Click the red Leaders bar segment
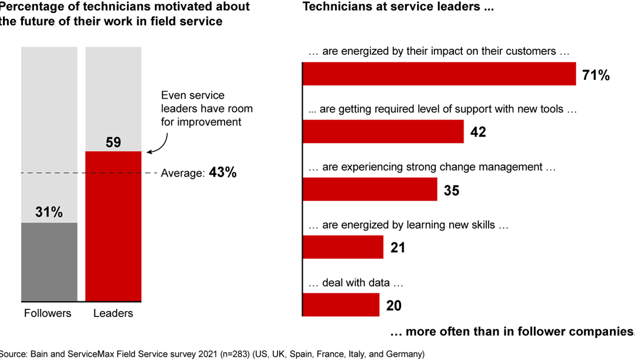[x=113, y=226]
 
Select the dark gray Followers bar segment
[x=49, y=261]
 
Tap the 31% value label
[x=49, y=212]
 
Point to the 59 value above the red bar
[x=113, y=142]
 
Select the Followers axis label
[x=48, y=313]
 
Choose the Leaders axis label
[x=113, y=313]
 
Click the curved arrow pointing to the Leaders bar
[x=157, y=144]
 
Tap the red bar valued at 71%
[x=439, y=74]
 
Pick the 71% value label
[x=596, y=75]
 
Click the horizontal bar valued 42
[x=383, y=132]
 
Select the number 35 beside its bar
[x=452, y=190]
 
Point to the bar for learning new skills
[x=343, y=247]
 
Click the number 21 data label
[x=398, y=248]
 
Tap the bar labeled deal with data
[x=341, y=305]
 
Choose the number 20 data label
[x=394, y=305]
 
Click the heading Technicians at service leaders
[x=397, y=7]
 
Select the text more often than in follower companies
[x=512, y=332]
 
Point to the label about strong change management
[x=432, y=167]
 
